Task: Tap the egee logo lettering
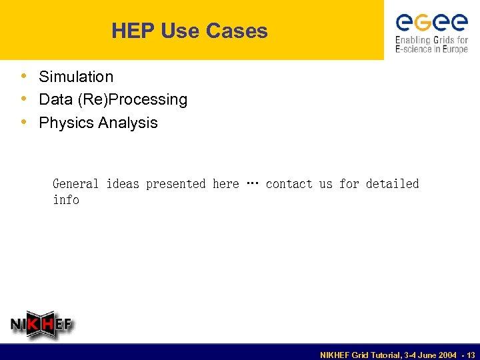[x=431, y=23]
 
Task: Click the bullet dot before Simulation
[x=24, y=76]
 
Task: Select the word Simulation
[x=76, y=77]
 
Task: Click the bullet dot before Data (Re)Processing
[x=24, y=99]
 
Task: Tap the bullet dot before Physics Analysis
[x=24, y=122]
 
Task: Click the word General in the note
[x=75, y=183]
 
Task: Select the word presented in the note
[x=175, y=183]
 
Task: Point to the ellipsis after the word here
[x=252, y=183]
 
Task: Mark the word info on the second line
[x=66, y=200]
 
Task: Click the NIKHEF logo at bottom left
[x=42, y=325]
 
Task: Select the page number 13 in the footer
[x=471, y=355]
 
